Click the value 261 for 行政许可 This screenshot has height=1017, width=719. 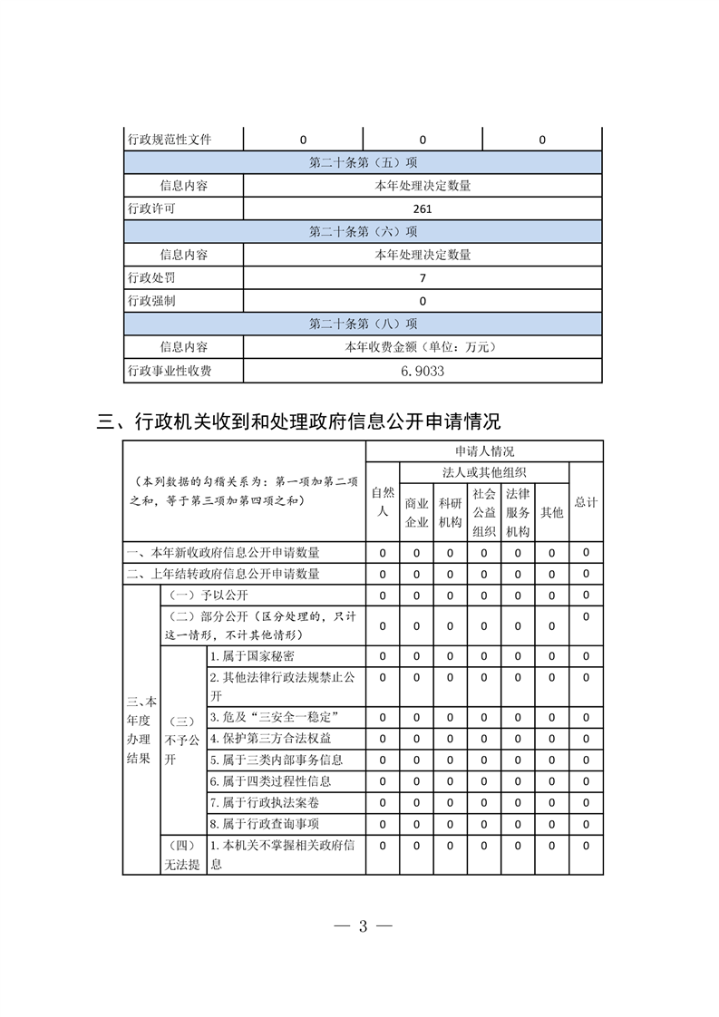(x=422, y=208)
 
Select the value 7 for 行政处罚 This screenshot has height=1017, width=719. (x=422, y=277)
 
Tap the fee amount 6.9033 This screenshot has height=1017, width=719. (x=422, y=371)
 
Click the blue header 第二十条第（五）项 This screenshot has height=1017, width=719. (x=363, y=162)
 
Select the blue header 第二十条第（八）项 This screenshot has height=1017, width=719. (x=363, y=324)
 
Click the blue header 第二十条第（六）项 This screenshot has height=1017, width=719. (x=363, y=231)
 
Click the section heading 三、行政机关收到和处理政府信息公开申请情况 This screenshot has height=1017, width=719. (x=298, y=421)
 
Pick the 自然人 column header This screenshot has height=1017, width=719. (x=383, y=501)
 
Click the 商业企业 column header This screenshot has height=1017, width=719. (x=417, y=511)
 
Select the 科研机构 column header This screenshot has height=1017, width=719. (x=451, y=511)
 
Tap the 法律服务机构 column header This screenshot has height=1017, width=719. (x=518, y=511)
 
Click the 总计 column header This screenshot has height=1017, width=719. (x=586, y=501)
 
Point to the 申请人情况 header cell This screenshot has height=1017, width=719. (x=484, y=450)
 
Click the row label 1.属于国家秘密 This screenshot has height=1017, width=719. (x=252, y=655)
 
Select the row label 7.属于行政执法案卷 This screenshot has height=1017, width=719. (x=264, y=802)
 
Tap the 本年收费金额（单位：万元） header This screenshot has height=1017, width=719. (x=422, y=347)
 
